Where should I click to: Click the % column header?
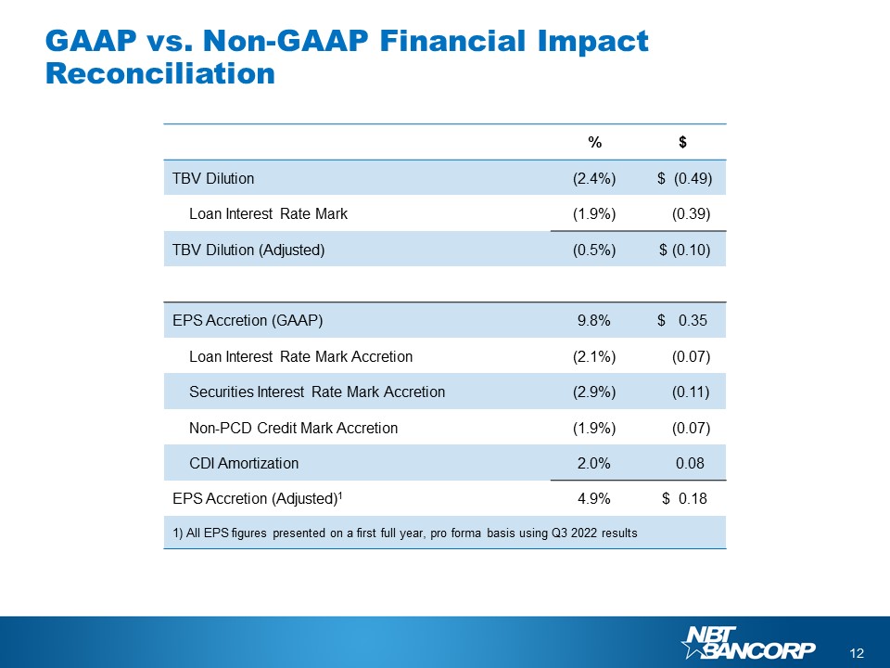coord(593,142)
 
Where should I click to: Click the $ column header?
coord(682,142)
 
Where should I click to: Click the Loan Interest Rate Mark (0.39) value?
coord(690,213)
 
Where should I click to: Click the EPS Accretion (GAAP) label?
coord(247,321)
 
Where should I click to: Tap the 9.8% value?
coord(593,321)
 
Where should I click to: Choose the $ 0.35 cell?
coord(682,321)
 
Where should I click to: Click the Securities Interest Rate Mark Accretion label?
coord(316,392)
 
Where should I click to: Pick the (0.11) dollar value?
coord(690,392)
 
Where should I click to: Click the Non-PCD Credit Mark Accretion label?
coord(293,428)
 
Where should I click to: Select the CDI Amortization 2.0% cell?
coord(593,463)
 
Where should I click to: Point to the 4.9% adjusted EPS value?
coord(593,499)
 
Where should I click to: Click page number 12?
coord(857,653)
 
